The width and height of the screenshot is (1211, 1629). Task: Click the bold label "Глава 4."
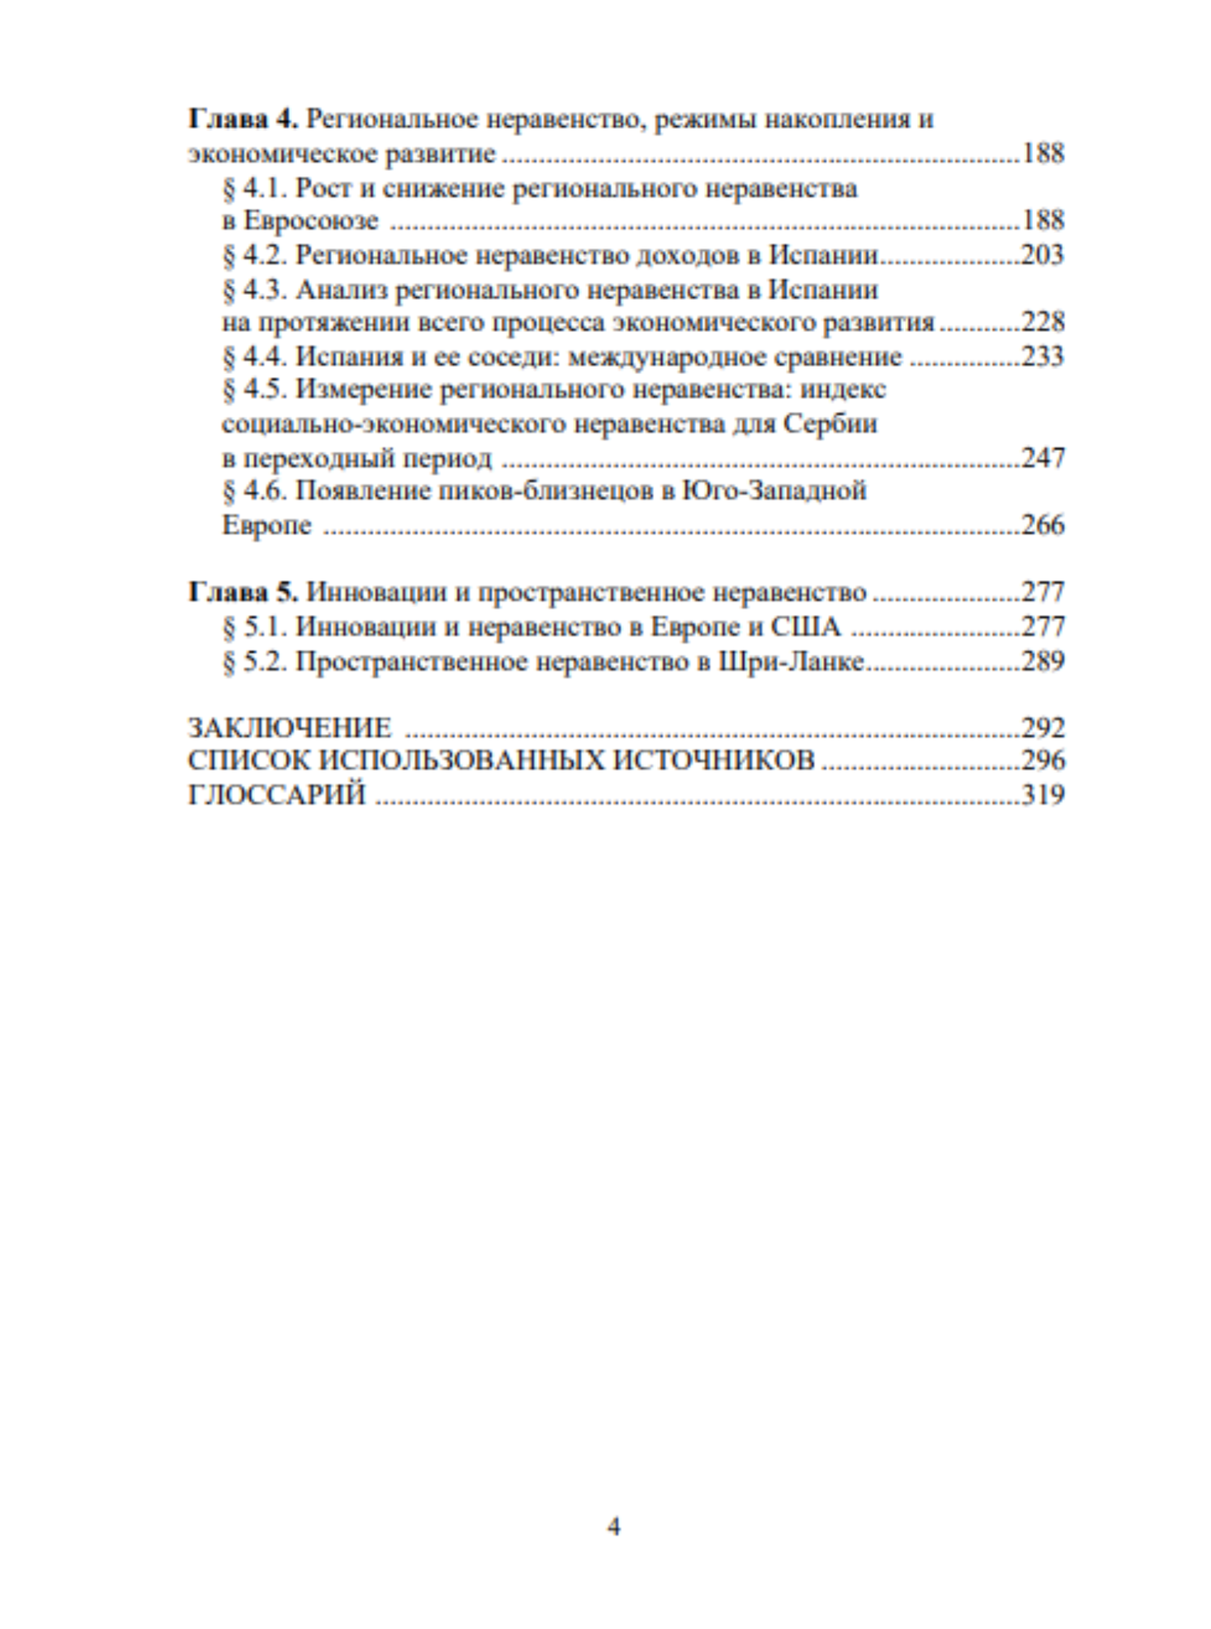[x=243, y=119]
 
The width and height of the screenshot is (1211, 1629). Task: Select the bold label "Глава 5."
[x=243, y=592]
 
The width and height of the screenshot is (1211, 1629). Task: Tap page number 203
[x=1042, y=255]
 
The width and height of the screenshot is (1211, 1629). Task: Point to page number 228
[x=1042, y=322]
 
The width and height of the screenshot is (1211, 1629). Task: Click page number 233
[x=1042, y=356]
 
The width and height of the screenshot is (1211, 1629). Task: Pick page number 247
[x=1042, y=458]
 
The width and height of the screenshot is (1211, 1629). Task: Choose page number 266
[x=1042, y=525]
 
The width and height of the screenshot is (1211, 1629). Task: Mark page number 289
[x=1042, y=661]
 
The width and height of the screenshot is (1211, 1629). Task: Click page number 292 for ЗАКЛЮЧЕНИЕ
[x=1042, y=728]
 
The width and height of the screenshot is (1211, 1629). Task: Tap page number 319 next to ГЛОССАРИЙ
[x=1042, y=795]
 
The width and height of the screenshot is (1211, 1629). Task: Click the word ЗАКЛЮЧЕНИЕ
[x=289, y=728]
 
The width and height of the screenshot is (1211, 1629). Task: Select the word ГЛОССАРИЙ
[x=276, y=795]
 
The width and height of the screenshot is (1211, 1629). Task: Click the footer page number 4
[x=613, y=1526]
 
